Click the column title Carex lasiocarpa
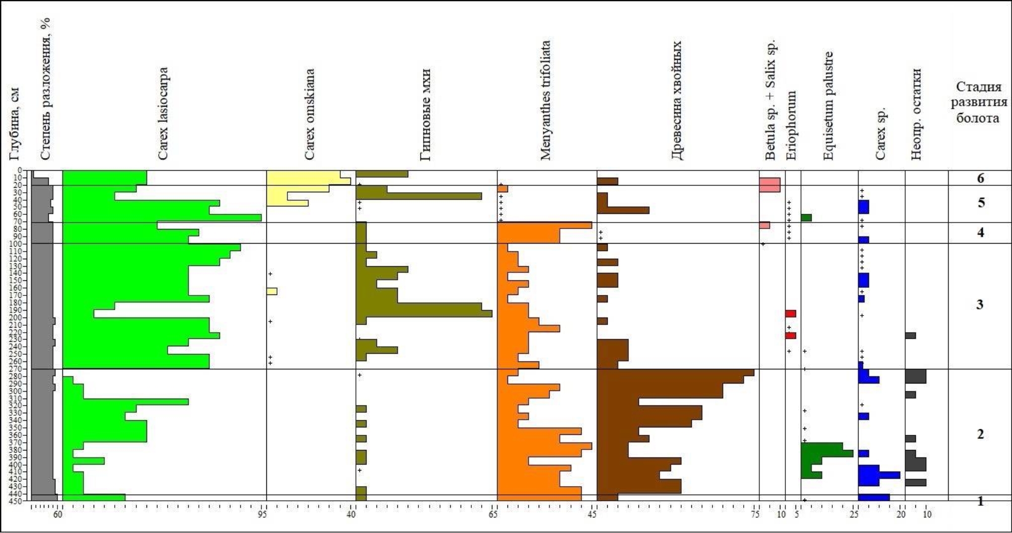pyautogui.click(x=163, y=114)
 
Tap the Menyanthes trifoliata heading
pyautogui.click(x=545, y=101)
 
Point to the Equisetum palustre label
pyautogui.click(x=828, y=106)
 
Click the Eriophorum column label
pyautogui.click(x=791, y=126)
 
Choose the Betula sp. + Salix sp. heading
pyautogui.click(x=771, y=100)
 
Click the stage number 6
pyautogui.click(x=980, y=179)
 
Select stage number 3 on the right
pyautogui.click(x=980, y=304)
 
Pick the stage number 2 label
pyautogui.click(x=980, y=434)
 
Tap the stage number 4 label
pyautogui.click(x=980, y=233)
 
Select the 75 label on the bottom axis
pyautogui.click(x=755, y=514)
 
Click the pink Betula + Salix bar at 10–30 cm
pyautogui.click(x=769, y=185)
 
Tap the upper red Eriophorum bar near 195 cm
pyautogui.click(x=790, y=314)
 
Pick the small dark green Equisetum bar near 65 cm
pyautogui.click(x=806, y=218)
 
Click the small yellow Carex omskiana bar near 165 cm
pyautogui.click(x=271, y=291)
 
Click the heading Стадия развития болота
pyautogui.click(x=978, y=103)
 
